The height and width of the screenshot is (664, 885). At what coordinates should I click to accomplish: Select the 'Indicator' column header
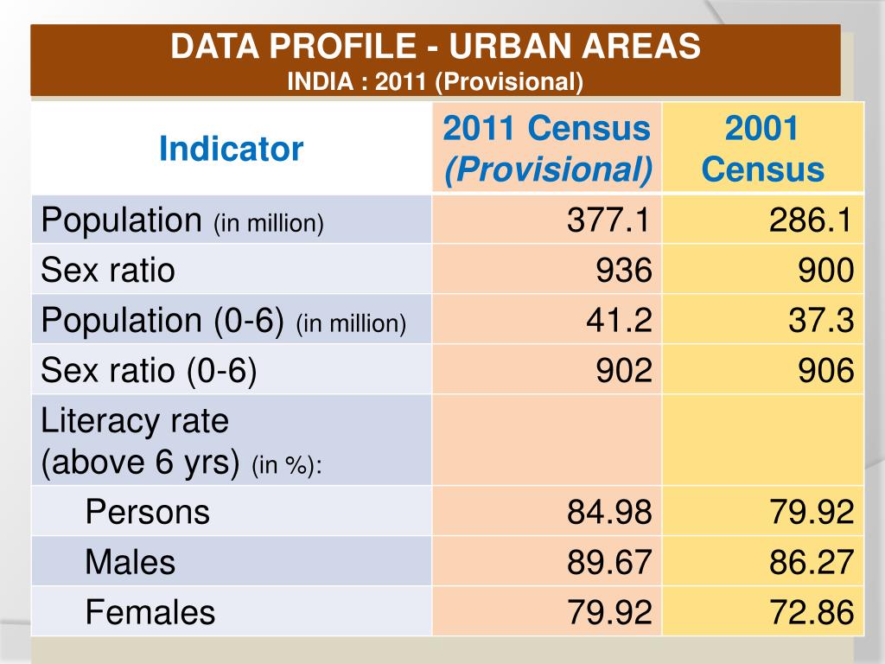[231, 149]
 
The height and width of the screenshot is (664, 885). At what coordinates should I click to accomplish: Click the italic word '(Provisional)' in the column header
[548, 169]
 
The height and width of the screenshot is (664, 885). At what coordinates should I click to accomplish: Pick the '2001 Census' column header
[762, 149]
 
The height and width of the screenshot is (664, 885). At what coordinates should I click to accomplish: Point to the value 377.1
[608, 220]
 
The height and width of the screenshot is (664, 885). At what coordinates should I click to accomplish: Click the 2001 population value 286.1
[812, 220]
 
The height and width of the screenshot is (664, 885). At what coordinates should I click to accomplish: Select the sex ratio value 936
[623, 271]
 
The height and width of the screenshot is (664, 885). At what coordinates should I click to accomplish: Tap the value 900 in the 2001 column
[826, 271]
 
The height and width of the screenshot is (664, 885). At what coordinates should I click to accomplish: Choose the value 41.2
[617, 321]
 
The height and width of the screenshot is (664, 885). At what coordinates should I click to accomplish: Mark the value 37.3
[820, 321]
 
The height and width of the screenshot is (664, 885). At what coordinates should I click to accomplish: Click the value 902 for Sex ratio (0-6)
[623, 371]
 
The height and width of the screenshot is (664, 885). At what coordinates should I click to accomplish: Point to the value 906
[826, 371]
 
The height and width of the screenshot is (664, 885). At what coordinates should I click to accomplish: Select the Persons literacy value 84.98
[608, 512]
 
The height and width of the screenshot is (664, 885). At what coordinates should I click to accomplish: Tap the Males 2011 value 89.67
[608, 562]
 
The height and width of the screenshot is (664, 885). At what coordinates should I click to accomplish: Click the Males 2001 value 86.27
[812, 562]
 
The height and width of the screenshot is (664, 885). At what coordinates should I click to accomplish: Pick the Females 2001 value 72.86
[812, 612]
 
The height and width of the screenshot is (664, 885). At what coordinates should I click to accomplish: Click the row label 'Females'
[150, 612]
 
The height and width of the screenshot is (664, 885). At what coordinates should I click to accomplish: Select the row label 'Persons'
[147, 512]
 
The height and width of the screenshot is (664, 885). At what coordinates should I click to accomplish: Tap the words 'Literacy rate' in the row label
[135, 421]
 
